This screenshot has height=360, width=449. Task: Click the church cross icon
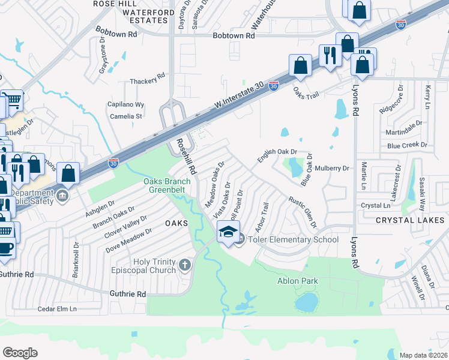point(185,264)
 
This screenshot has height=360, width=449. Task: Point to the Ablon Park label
point(297,281)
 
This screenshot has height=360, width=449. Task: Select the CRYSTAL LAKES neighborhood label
point(410,220)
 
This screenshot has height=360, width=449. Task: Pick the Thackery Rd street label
point(148,82)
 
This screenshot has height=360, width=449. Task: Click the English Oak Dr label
point(277,155)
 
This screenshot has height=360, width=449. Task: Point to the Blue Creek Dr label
point(407,145)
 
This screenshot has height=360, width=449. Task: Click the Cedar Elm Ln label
point(58,309)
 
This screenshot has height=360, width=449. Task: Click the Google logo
point(20,353)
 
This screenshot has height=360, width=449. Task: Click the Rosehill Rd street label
point(186,157)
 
